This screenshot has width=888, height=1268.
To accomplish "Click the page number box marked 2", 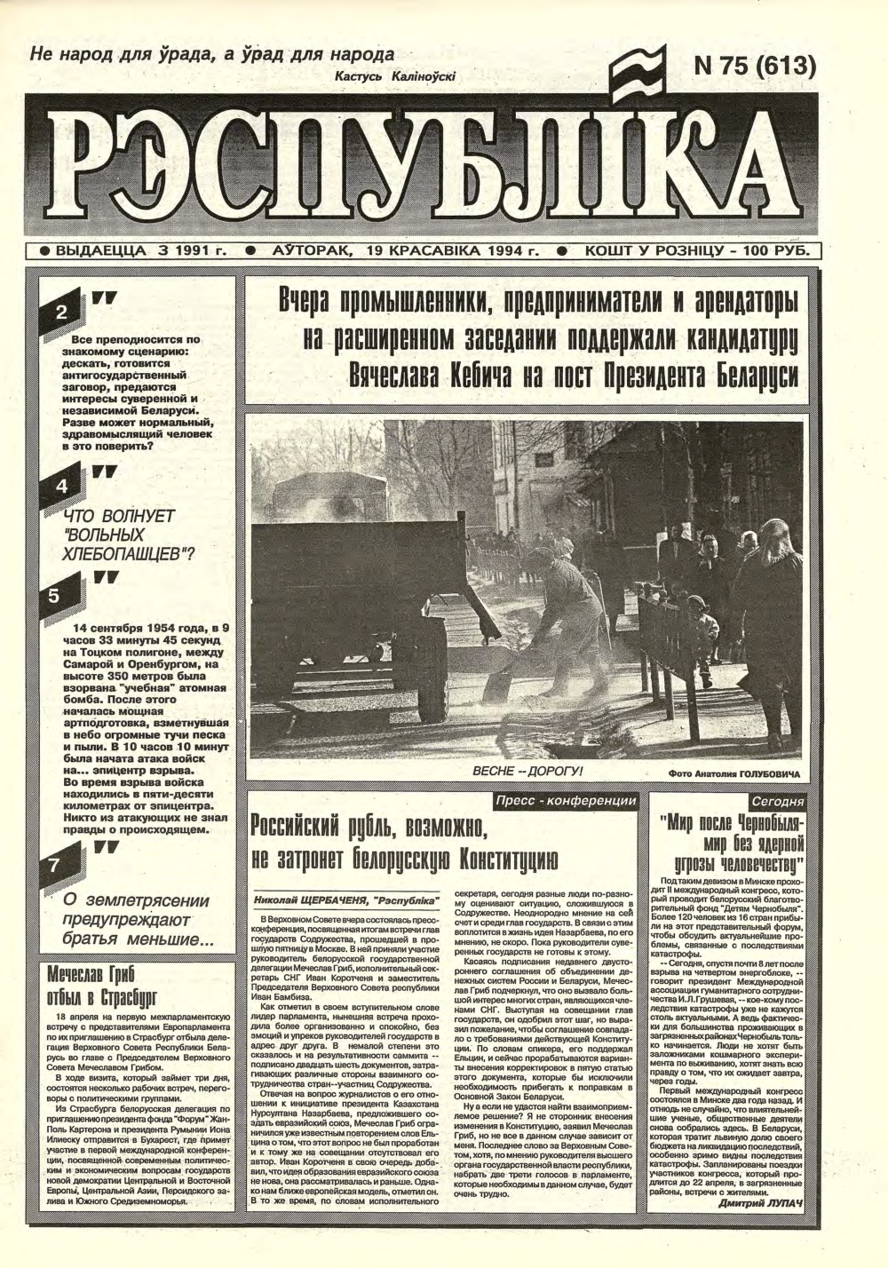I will click(x=61, y=312).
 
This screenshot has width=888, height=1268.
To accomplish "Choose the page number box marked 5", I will click(x=52, y=596).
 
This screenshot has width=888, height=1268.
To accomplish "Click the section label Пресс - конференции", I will click(x=567, y=801).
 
